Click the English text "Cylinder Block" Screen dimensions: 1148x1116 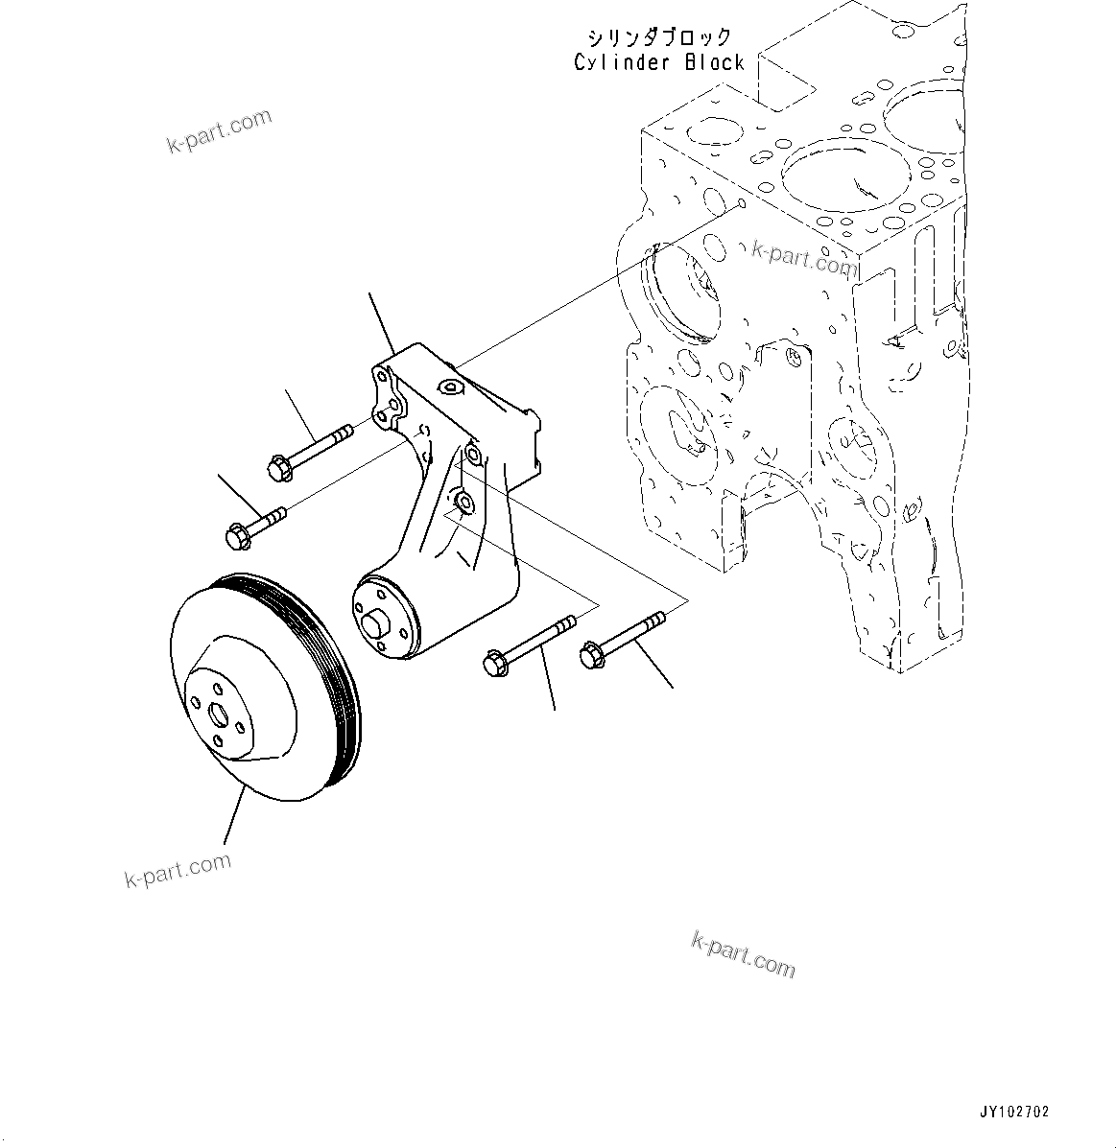tap(658, 62)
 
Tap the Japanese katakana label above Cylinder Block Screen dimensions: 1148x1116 tap(659, 37)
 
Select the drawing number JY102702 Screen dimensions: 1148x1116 tap(1014, 1113)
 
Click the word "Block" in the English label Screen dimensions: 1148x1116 tap(715, 62)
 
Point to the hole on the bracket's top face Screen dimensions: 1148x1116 tap(448, 387)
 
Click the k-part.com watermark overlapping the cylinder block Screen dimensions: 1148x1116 tap(803, 258)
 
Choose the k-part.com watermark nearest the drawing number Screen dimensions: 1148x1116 tap(743, 955)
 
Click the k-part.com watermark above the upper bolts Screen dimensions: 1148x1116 tap(219, 131)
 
